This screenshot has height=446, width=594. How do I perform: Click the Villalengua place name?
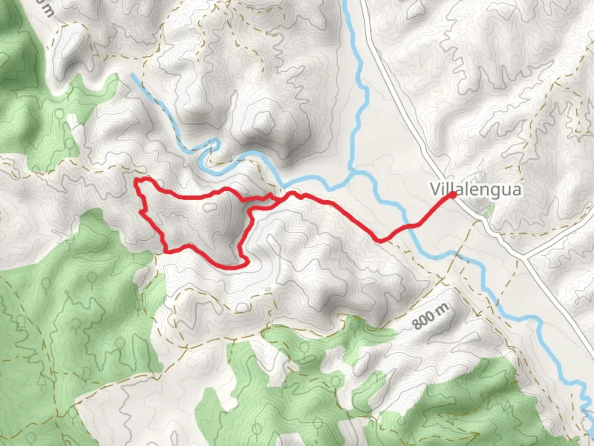[x=476, y=190]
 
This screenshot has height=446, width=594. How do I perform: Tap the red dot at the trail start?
[x=452, y=195]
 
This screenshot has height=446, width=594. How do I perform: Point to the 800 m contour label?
[x=431, y=316]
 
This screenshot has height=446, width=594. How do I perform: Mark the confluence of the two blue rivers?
[x=353, y=171]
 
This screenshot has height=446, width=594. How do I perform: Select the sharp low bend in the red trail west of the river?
[x=379, y=240]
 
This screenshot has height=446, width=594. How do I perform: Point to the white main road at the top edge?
[x=363, y=2]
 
